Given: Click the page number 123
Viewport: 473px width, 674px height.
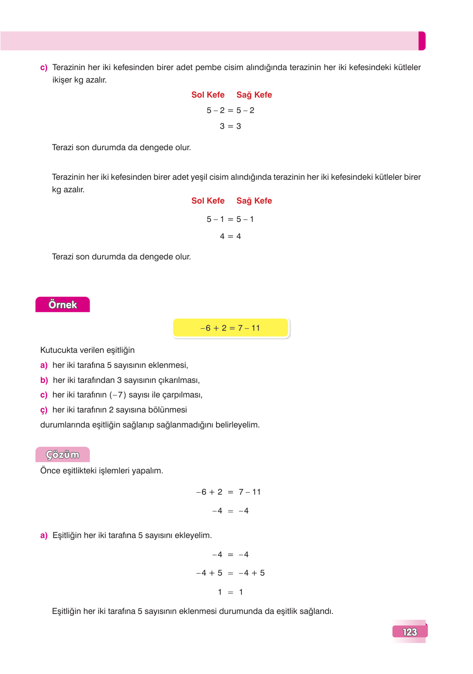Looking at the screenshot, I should click(410, 632).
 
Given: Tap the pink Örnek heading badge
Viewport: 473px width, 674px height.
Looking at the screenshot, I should click(63, 304).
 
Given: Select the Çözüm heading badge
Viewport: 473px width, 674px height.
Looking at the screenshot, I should click(63, 455).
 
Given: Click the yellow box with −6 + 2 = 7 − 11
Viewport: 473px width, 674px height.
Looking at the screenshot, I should click(230, 328).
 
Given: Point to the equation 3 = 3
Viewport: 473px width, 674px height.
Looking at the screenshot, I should click(230, 126).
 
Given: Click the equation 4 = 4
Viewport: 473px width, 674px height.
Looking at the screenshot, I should click(230, 236).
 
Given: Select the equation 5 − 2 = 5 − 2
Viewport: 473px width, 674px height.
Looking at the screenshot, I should click(230, 110).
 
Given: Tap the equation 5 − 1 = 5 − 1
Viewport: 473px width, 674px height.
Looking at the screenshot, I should click(230, 219).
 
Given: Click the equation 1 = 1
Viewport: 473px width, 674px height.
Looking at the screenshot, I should click(230, 592).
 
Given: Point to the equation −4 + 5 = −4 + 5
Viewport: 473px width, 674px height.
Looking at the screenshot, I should click(230, 573).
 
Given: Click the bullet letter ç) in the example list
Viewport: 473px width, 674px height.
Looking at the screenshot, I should click(44, 410).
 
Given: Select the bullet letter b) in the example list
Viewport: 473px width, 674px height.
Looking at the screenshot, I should click(44, 380).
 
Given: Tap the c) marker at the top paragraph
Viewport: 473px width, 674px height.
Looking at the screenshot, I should click(44, 68).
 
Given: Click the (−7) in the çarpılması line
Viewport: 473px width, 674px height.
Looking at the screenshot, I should click(118, 395).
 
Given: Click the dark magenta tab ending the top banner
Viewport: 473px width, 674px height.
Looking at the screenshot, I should click(422, 41).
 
